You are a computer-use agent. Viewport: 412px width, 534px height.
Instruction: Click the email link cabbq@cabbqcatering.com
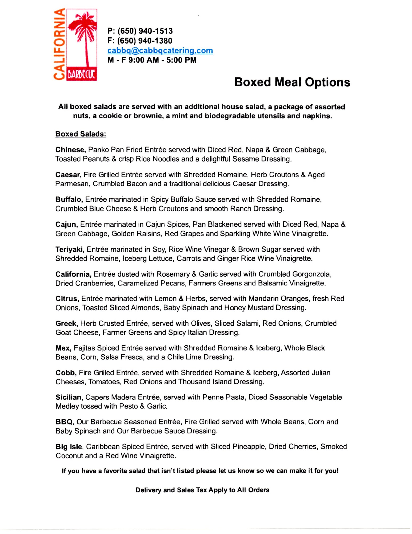[160, 50]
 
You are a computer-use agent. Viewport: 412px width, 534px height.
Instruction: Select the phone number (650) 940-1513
[145, 31]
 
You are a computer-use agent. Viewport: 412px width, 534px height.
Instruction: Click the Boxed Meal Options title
[292, 82]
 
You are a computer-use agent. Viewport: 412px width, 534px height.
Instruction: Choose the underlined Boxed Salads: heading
[81, 134]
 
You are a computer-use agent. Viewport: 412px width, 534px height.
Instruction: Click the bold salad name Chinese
[70, 150]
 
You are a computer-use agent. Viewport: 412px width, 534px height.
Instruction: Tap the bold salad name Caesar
[68, 175]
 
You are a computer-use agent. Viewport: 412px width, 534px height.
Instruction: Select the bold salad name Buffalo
[69, 199]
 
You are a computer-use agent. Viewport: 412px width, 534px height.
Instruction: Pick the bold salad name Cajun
[66, 224]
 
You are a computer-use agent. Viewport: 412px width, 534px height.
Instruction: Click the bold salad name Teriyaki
[70, 249]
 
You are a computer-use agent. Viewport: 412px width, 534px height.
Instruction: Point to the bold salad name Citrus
[67, 299]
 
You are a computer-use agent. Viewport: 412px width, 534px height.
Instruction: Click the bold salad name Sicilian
[68, 397]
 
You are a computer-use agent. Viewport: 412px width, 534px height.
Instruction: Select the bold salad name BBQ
[64, 422]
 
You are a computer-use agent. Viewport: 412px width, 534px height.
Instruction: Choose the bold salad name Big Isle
[69, 447]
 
